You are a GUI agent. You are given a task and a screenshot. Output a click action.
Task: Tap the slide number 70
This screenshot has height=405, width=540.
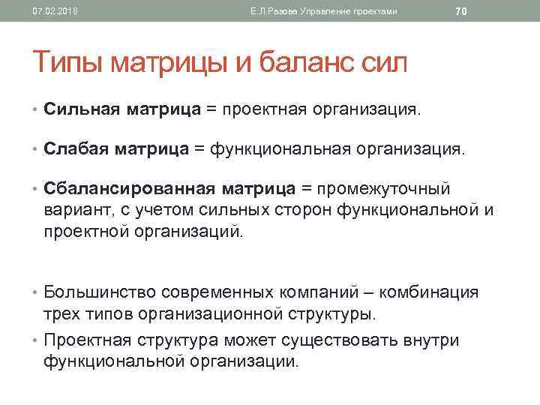[461, 11]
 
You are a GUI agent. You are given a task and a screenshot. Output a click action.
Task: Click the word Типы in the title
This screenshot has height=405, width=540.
[68, 62]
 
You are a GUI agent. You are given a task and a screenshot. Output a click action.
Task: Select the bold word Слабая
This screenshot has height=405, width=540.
[76, 149]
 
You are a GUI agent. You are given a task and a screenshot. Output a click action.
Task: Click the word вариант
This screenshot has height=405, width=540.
[76, 210]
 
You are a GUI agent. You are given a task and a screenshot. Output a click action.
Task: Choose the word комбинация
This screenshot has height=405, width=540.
[433, 292]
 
